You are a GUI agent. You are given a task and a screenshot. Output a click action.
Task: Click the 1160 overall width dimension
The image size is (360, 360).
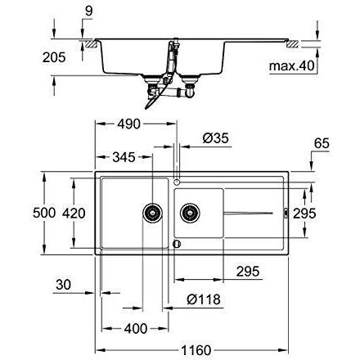point(196,350)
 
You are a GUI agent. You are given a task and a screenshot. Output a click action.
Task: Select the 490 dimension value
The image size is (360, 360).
point(128,124)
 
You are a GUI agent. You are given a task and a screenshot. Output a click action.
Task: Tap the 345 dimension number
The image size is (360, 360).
point(124,157)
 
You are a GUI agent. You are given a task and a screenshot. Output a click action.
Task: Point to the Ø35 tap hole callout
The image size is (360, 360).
point(215,138)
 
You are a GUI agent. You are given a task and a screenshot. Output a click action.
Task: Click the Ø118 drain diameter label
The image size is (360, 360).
point(204,299)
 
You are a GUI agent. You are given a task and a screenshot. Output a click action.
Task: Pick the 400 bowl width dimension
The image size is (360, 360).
point(136,329)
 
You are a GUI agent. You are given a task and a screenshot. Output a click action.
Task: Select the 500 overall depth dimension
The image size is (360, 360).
point(44,213)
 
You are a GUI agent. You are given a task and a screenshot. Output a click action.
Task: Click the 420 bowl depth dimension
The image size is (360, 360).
point(74,213)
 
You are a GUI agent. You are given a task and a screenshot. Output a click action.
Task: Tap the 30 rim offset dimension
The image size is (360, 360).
point(63,285)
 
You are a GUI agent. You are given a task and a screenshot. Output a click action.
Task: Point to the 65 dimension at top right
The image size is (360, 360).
point(322,143)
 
